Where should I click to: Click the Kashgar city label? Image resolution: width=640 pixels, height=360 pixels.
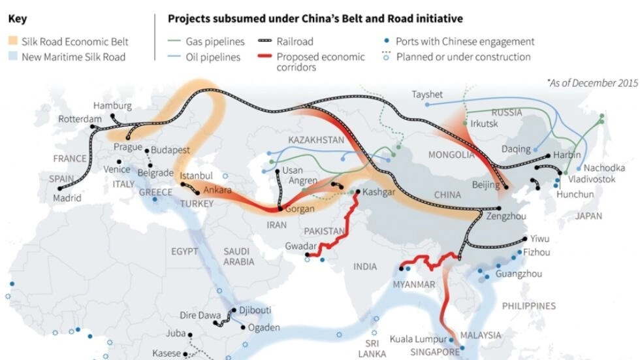click(379, 192)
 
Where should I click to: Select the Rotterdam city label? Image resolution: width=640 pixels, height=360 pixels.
click(80, 120)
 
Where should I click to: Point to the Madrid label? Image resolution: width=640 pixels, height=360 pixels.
click(67, 198)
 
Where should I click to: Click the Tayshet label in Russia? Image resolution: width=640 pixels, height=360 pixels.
click(428, 94)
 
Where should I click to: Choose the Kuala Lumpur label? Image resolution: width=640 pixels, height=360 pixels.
click(418, 339)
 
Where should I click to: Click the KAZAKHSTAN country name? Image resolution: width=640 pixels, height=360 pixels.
click(315, 140)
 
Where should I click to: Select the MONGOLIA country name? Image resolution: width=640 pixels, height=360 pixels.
click(451, 155)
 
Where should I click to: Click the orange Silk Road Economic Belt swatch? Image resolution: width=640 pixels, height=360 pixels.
click(14, 42)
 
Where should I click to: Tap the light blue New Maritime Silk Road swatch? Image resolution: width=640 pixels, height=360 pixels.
click(14, 57)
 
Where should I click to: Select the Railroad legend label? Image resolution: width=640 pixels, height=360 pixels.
click(299, 42)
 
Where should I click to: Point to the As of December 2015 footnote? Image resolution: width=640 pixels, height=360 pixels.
click(592, 83)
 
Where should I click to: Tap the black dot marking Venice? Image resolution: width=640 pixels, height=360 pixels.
click(118, 162)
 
